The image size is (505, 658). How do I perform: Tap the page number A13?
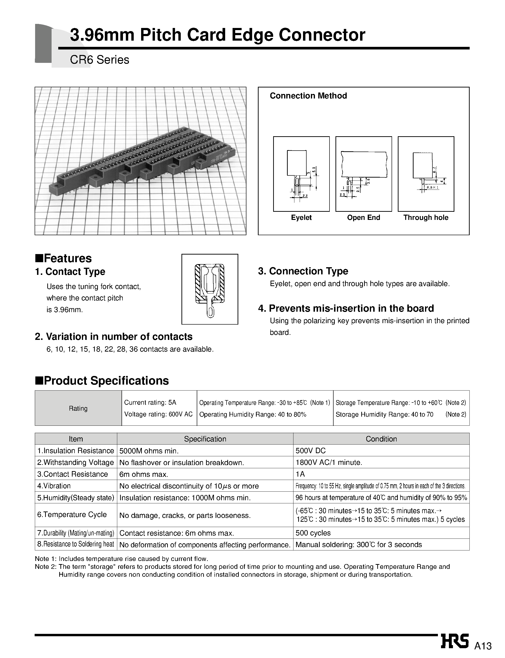(483, 646)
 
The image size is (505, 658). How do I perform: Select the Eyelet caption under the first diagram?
(301, 218)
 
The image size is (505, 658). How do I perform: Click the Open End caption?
(363, 218)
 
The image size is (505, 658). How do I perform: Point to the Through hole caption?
(426, 218)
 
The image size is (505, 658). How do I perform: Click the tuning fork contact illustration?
(210, 289)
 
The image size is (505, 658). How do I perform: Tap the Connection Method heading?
(308, 96)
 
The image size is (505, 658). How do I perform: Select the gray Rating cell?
(78, 408)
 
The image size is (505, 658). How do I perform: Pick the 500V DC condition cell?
(310, 451)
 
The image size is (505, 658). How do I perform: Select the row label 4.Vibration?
(54, 486)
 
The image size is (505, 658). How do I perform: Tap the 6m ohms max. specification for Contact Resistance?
(144, 474)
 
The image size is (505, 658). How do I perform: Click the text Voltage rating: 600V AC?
(158, 414)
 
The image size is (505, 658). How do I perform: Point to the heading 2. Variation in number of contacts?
(114, 336)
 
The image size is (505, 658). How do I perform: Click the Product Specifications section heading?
(102, 381)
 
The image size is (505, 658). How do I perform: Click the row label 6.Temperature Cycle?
(72, 515)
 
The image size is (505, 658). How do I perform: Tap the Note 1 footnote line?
(122, 559)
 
